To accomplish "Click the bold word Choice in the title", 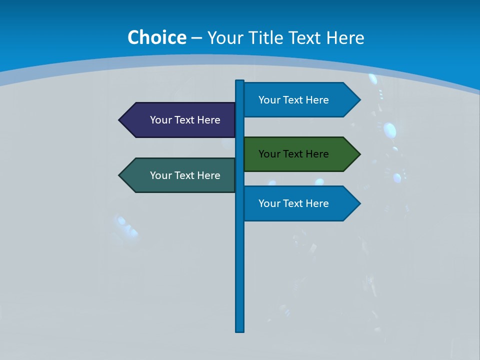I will (156, 37).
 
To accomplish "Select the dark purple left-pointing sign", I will (177, 120).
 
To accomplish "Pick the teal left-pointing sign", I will (177, 175).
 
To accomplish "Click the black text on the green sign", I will (293, 154).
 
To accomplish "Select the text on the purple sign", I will (185, 120).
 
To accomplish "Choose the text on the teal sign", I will (185, 175).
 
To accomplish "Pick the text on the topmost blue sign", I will (293, 100).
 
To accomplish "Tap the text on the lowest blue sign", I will (293, 203).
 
